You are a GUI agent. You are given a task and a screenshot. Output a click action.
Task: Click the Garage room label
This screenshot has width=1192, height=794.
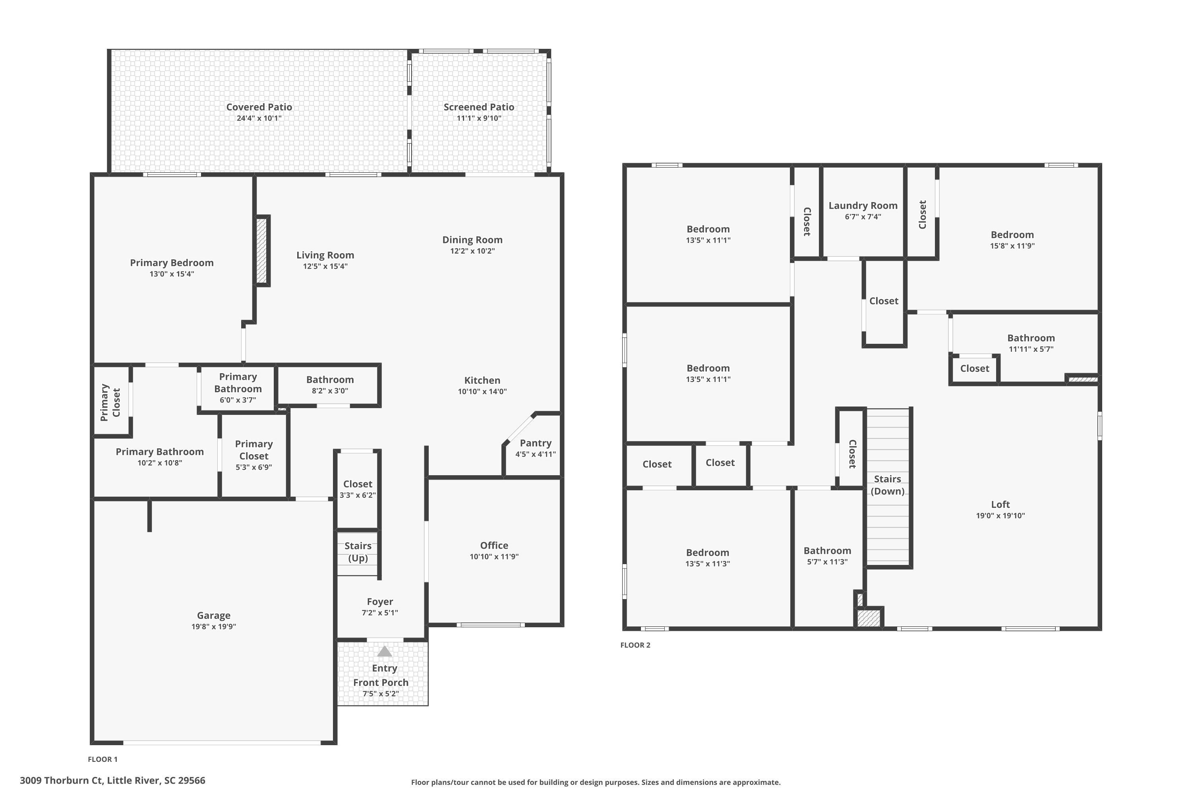[213, 615]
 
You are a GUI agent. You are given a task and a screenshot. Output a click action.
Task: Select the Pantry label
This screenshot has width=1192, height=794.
[536, 443]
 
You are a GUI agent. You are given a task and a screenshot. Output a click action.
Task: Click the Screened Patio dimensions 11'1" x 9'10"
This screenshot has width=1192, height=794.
[479, 118]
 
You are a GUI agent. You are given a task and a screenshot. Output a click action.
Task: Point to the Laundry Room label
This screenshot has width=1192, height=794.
[863, 206]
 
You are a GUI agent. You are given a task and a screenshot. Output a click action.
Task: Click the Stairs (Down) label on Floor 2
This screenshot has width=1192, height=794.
[887, 485]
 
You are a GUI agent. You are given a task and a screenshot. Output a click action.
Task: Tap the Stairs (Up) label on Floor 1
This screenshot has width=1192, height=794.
[358, 552]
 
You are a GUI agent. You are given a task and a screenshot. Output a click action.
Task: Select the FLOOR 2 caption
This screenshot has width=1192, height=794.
[635, 645]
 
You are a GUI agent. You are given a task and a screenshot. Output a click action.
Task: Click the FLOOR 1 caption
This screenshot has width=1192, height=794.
[103, 759]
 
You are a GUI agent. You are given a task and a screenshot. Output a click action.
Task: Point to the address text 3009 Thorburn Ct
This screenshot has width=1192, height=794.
[61, 781]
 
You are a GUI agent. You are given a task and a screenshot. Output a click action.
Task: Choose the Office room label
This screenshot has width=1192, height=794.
[494, 545]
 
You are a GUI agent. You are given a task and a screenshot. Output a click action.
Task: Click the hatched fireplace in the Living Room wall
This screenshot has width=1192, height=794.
[262, 251]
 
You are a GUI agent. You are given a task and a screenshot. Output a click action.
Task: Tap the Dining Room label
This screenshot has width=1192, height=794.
[472, 239]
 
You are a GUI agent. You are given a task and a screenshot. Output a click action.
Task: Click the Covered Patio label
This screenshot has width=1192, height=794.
[259, 107]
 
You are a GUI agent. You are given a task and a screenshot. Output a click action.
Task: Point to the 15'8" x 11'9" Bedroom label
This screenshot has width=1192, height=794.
[1012, 235]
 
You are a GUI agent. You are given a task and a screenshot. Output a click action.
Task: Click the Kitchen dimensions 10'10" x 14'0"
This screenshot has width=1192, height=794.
[482, 391]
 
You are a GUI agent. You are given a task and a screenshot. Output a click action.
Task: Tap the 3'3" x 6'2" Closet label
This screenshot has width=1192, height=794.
[358, 484]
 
